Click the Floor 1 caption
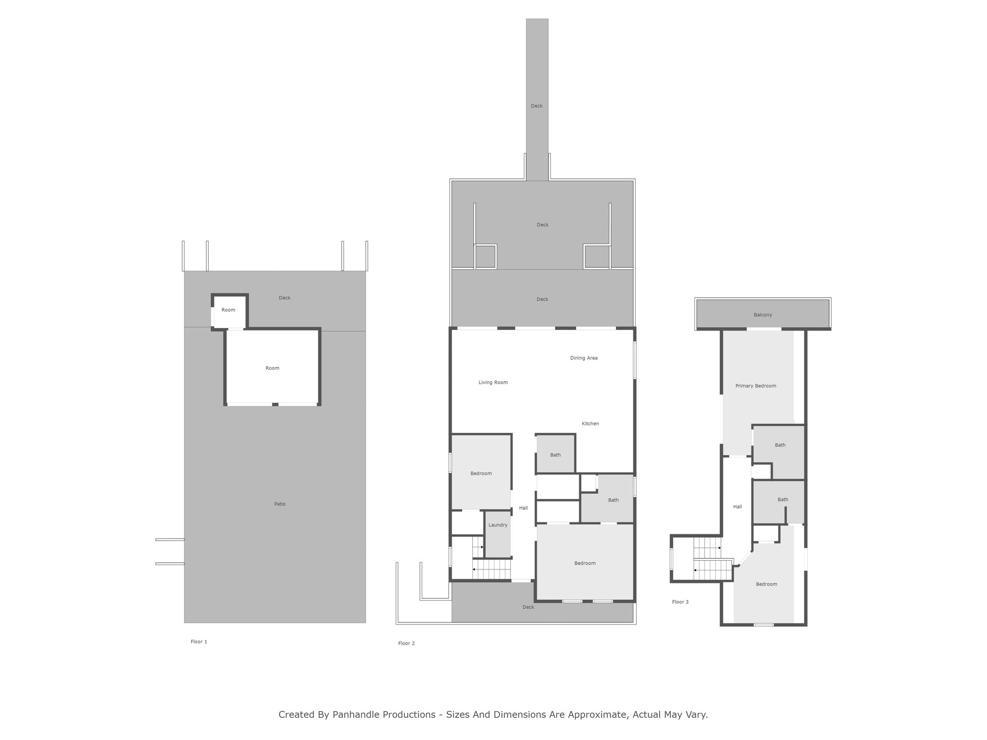pos(199,642)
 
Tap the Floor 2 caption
pos(406,643)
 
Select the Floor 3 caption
pos(680,602)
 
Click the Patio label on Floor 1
pos(280,504)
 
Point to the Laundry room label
pos(498,525)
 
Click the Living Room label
pos(493,383)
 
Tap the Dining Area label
pos(584,358)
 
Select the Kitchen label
pos(590,423)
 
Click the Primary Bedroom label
pos(756,386)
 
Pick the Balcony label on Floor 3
pos(763,315)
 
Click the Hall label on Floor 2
pos(523,508)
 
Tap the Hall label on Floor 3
pos(737,506)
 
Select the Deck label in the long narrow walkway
pos(536,106)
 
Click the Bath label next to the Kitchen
pos(556,455)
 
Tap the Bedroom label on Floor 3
pos(766,584)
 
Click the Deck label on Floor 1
pos(284,298)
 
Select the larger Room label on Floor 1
pos(272,368)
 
